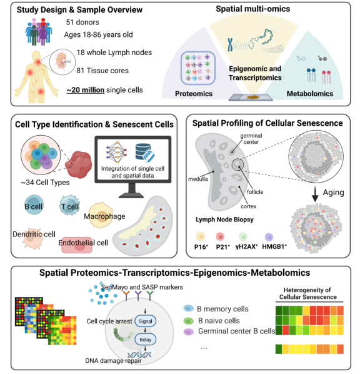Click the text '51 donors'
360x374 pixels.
82,22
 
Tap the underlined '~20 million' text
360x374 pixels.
86,90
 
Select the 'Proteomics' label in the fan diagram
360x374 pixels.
194,94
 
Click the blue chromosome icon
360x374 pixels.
230,44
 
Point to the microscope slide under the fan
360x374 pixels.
251,98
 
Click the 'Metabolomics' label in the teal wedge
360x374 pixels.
310,94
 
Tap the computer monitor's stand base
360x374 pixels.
131,195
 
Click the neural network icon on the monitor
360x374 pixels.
116,153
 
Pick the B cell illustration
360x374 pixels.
34,205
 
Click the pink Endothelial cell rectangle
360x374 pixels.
77,245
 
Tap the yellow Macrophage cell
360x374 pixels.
101,215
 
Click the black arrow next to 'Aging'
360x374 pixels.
315,193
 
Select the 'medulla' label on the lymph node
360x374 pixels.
198,179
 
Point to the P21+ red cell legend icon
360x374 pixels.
220,237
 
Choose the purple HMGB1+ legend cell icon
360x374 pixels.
269,237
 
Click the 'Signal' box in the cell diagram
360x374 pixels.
146,321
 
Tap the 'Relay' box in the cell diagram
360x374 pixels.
146,340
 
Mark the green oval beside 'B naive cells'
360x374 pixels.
189,321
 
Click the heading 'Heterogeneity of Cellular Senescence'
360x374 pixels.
308,293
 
